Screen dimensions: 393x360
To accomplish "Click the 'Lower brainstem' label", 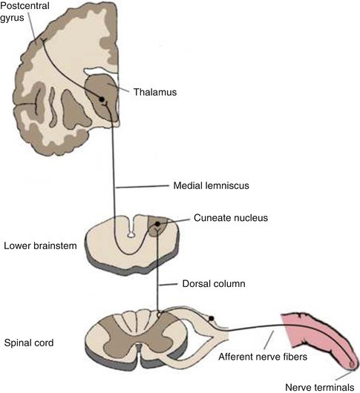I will [x=39, y=245].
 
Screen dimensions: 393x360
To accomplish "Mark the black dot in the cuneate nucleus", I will [x=157, y=224].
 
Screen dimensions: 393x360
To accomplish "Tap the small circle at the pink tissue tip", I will [x=351, y=363].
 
